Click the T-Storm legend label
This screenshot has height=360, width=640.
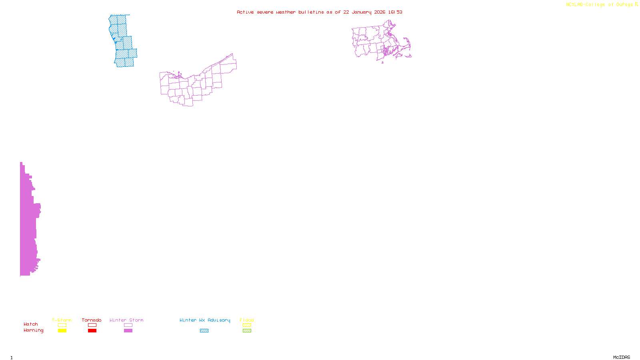point(62,320)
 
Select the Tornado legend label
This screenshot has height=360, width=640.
point(92,320)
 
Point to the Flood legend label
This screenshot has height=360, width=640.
point(247,320)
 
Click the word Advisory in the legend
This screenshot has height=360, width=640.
point(219,320)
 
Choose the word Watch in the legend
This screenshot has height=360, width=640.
point(31,324)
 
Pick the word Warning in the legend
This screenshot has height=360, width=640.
point(33,330)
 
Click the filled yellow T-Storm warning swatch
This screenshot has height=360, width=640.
point(62,331)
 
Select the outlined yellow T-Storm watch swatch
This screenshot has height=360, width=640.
point(62,325)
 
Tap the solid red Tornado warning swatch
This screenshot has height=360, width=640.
point(92,331)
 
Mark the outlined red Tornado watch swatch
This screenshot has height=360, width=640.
point(92,325)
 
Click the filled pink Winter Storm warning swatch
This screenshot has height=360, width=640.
point(128,331)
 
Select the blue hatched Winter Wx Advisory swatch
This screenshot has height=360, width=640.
point(204,331)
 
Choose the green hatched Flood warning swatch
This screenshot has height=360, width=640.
point(247,331)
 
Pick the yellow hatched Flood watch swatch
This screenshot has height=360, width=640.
point(247,325)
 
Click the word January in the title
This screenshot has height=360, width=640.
point(361,12)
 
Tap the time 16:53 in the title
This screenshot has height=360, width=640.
point(395,12)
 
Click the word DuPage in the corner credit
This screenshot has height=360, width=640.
point(624,4)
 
